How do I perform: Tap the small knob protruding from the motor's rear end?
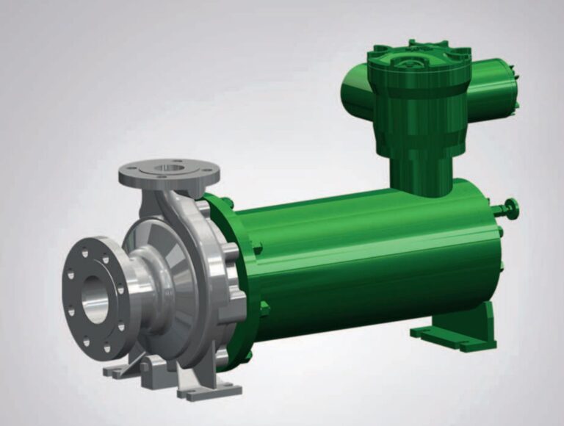512,209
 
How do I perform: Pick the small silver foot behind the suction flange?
117,369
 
